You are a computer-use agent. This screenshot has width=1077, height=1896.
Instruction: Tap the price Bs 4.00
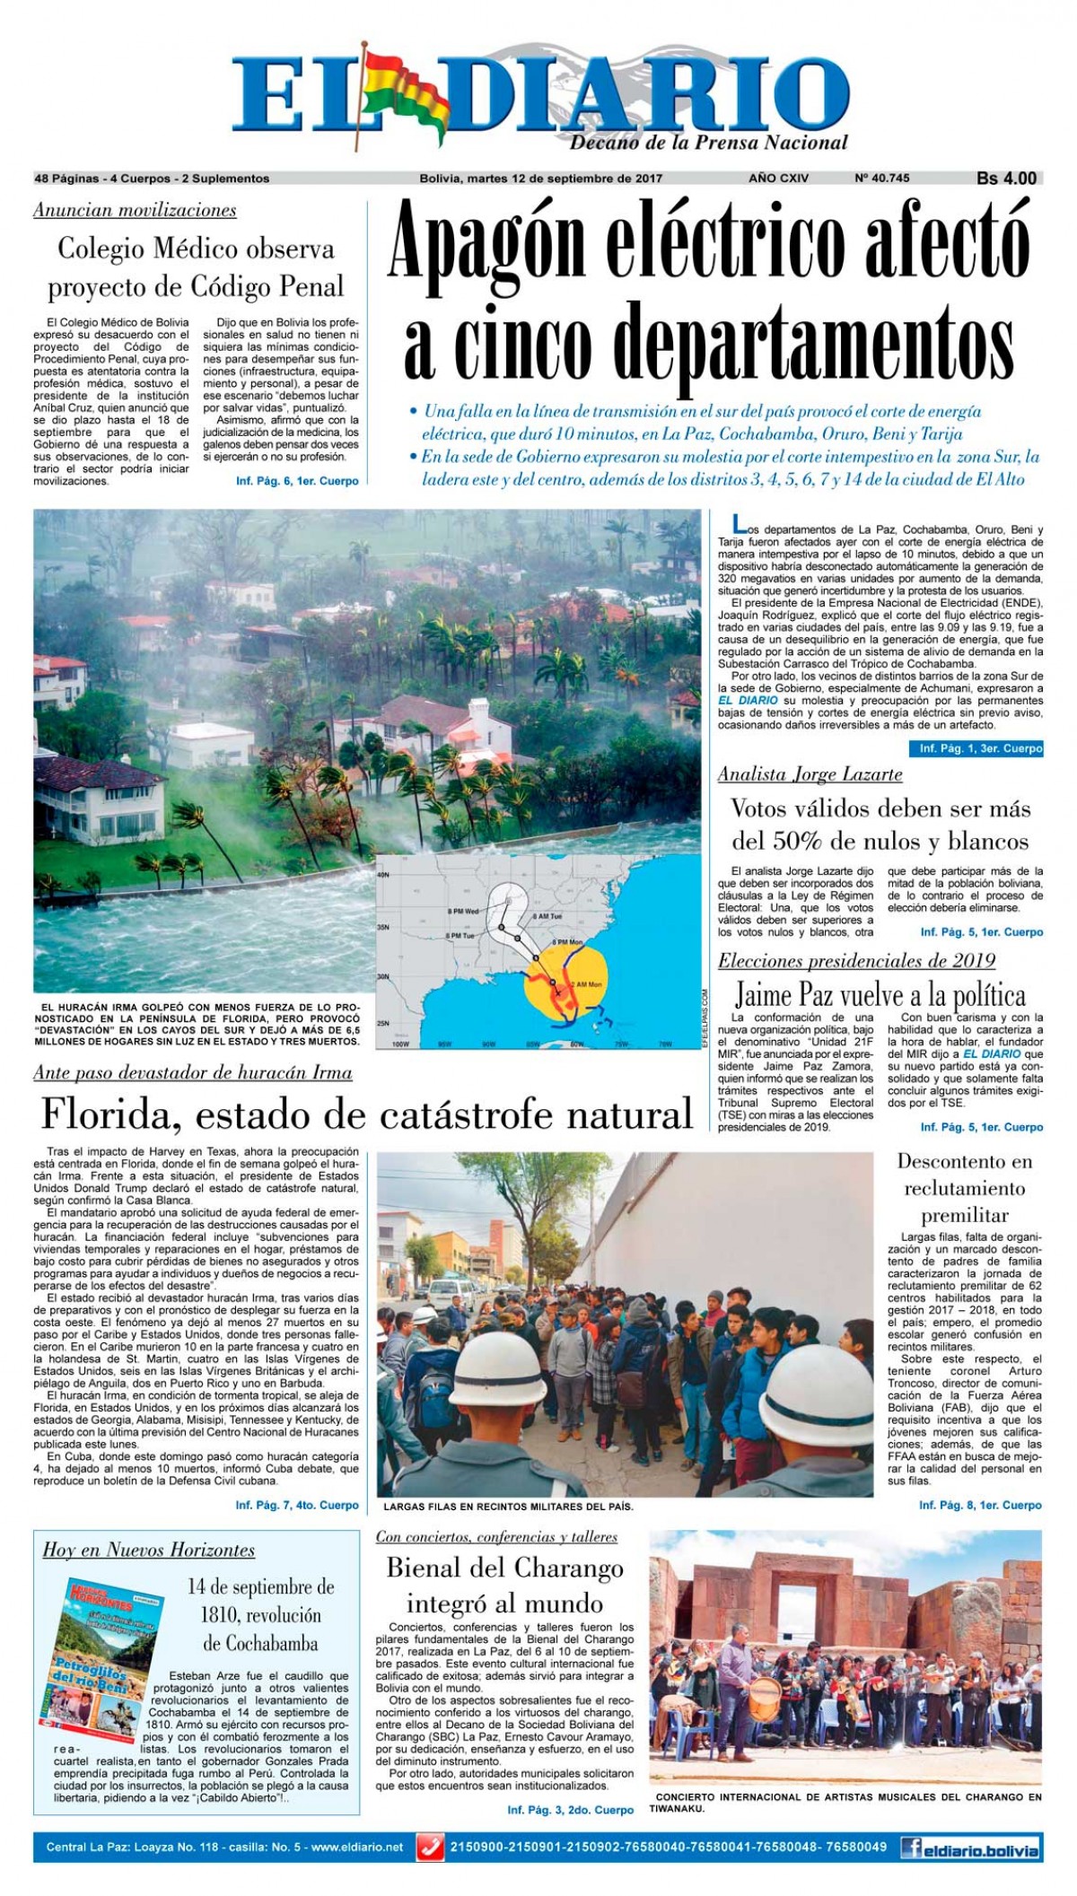click(1006, 179)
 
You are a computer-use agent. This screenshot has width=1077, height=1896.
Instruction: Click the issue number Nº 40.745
click(881, 179)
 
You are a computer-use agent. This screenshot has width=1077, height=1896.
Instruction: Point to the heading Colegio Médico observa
click(196, 249)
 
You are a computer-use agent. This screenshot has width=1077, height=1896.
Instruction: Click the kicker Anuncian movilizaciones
click(135, 211)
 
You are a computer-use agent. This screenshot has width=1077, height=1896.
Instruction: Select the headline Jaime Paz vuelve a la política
click(880, 995)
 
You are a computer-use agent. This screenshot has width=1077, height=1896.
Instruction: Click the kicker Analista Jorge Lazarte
click(810, 773)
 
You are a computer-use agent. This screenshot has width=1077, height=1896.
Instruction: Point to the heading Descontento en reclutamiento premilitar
click(965, 1188)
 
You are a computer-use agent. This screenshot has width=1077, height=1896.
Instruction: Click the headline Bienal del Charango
click(504, 1568)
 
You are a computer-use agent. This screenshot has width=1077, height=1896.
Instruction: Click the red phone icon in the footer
click(432, 1848)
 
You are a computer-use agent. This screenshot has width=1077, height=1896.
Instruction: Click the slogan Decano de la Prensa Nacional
click(709, 143)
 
